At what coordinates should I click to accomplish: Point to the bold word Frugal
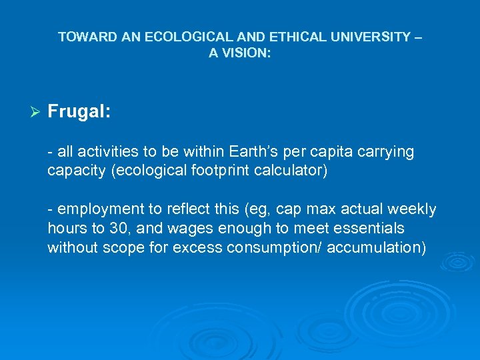79,111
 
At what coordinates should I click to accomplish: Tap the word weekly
413,210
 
